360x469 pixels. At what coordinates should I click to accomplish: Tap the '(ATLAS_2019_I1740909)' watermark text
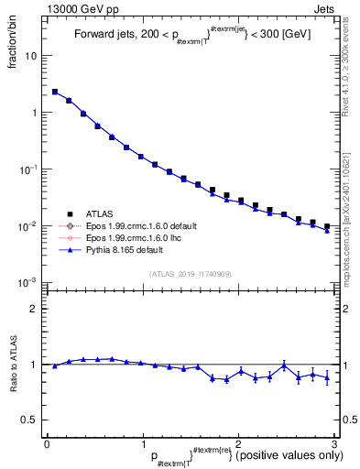coord(189,273)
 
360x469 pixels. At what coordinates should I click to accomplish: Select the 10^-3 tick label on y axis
coord(28,282)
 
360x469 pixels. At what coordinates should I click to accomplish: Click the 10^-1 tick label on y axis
coord(28,169)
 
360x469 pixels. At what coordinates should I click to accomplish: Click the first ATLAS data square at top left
coord(55,92)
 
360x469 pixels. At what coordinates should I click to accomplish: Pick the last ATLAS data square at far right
coord(327,225)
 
